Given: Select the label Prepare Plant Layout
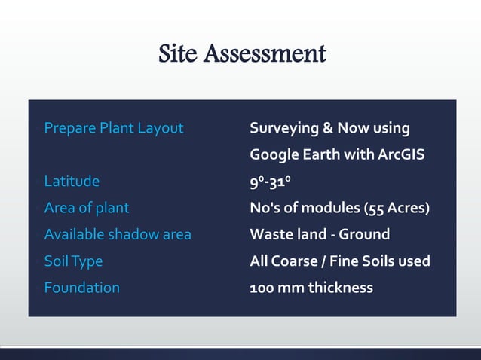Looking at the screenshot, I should pyautogui.click(x=114, y=128).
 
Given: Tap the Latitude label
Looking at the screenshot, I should pyautogui.click(x=72, y=181).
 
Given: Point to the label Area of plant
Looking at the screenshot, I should pyautogui.click(x=87, y=208).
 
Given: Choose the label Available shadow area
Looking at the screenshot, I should pyautogui.click(x=118, y=234).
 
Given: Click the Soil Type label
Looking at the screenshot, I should pyautogui.click(x=73, y=261).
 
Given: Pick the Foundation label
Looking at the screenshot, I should pyautogui.click(x=82, y=288).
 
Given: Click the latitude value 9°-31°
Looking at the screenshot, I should pyautogui.click(x=271, y=182).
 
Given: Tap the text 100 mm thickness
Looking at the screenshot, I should pyautogui.click(x=311, y=288).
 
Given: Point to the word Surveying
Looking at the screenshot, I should pyautogui.click(x=283, y=129).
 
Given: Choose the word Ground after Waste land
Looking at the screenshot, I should pyautogui.click(x=364, y=234).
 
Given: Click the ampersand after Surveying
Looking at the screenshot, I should pyautogui.click(x=328, y=128).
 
